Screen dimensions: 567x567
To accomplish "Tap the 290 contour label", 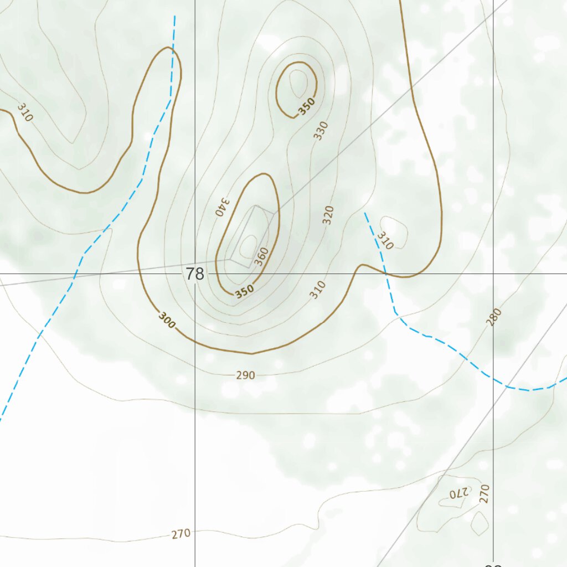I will [245, 375].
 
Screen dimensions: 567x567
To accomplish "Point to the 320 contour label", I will [329, 214].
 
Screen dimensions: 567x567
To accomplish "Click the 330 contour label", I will [321, 131].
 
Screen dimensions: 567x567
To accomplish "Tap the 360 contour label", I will [262, 256].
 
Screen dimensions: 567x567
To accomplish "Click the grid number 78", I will [195, 274].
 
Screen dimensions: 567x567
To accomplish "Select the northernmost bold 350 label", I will [306, 106].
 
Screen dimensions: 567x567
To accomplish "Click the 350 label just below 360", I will [244, 291].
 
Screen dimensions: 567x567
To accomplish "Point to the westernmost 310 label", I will [25, 112].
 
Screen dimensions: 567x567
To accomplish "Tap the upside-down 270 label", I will [459, 493].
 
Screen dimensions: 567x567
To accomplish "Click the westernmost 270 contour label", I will [181, 534].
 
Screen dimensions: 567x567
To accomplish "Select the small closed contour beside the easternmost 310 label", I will [395, 231].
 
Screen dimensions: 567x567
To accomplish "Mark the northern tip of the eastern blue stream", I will [365, 213].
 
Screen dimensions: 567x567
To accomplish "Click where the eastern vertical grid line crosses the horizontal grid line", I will [493, 274].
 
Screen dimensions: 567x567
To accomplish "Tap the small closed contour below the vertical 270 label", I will [480, 523].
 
